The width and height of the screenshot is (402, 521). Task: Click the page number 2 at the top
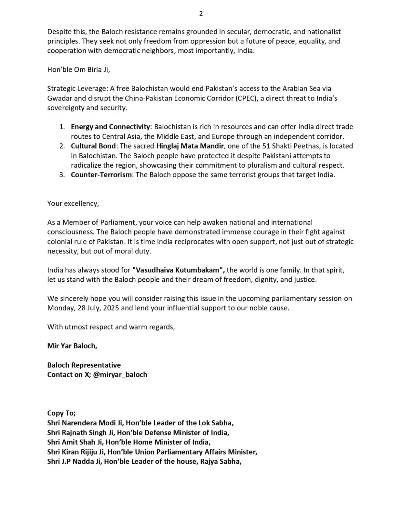[x=201, y=13]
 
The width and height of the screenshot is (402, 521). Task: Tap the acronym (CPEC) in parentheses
[x=245, y=98]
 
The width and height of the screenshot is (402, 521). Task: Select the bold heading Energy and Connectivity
[x=110, y=127]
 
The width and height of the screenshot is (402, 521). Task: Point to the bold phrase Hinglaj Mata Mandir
[x=190, y=146]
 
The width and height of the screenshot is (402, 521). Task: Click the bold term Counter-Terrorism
[x=101, y=175]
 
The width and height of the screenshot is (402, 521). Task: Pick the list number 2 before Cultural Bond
[x=62, y=146]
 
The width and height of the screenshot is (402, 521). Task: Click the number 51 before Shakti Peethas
[x=266, y=146]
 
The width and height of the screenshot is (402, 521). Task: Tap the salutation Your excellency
[x=73, y=204]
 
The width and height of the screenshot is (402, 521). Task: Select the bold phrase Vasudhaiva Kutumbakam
[x=178, y=270]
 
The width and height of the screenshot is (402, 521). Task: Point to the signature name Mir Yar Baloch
[x=72, y=346]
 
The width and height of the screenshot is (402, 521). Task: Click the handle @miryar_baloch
[x=120, y=374]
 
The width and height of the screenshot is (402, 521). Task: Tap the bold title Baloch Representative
[x=84, y=365]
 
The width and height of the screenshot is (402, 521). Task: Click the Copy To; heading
[x=61, y=413]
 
